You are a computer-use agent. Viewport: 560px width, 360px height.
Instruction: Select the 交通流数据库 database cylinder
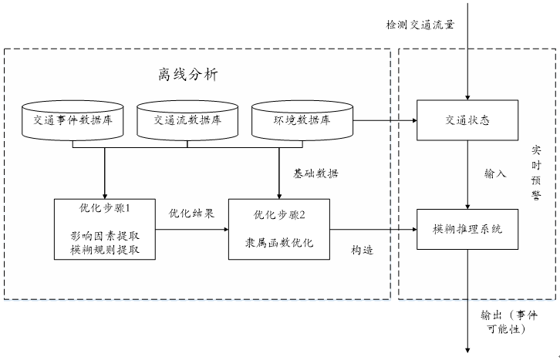pos(187,120)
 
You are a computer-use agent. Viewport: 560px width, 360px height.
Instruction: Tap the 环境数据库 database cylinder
pos(303,120)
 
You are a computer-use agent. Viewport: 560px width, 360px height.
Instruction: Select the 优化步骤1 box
pos(105,229)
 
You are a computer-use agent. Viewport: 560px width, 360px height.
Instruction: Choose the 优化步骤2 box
pos(279,229)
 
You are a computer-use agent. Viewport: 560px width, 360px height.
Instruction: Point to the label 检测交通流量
pos(420,24)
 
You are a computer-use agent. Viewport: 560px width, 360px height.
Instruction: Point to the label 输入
pos(495,173)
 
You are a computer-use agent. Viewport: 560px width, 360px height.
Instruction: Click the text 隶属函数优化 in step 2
pos(278,242)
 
